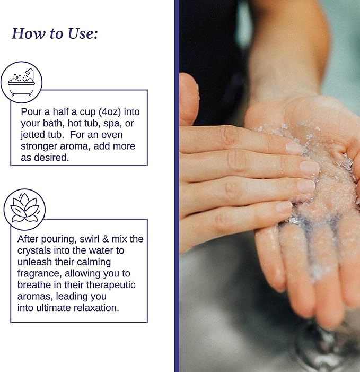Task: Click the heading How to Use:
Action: click(x=55, y=33)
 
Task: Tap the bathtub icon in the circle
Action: click(x=21, y=82)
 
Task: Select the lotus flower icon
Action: click(x=24, y=209)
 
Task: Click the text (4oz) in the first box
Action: click(x=110, y=112)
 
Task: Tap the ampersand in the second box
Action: click(x=106, y=239)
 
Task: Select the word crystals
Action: click(x=34, y=250)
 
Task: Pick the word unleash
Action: click(x=34, y=262)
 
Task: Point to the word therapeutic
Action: click(x=111, y=285)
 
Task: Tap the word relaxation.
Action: click(x=96, y=308)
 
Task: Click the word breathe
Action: click(x=34, y=285)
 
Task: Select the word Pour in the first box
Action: click(x=30, y=112)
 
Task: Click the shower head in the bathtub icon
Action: click(x=30, y=72)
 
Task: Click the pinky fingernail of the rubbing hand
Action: click(x=284, y=206)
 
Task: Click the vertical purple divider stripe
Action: click(x=177, y=186)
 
